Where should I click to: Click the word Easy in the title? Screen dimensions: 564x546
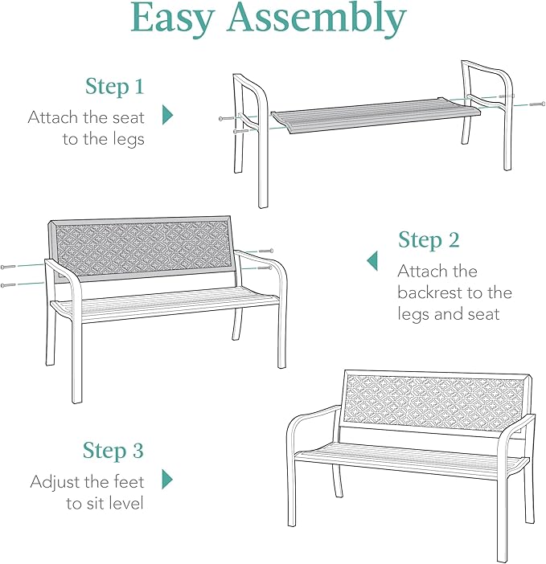178,20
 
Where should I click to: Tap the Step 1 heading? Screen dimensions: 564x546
115,87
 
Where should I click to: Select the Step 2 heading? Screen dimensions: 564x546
429,240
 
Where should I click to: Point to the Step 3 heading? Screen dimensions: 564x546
113,451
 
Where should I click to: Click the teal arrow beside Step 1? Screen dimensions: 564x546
167,115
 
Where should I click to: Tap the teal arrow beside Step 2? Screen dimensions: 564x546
372,260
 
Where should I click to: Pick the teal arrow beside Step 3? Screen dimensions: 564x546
167,480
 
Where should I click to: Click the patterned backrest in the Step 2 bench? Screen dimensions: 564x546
143,248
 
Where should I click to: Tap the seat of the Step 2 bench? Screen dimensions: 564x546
165,304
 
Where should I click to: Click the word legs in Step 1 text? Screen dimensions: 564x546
127,140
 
